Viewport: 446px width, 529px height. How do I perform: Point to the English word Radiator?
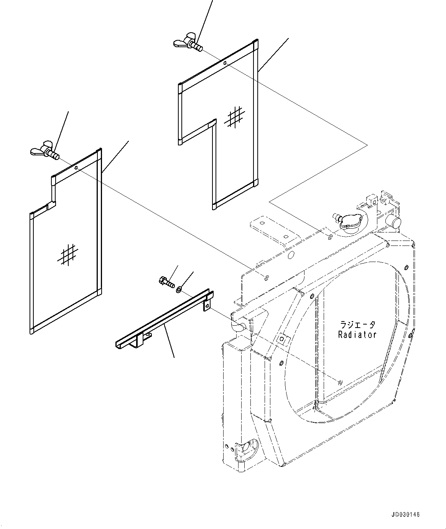[357, 335]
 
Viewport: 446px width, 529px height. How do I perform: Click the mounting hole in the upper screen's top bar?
[225, 63]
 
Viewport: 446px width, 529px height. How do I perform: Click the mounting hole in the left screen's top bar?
[76, 168]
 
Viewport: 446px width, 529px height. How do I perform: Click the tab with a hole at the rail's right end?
[207, 305]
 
